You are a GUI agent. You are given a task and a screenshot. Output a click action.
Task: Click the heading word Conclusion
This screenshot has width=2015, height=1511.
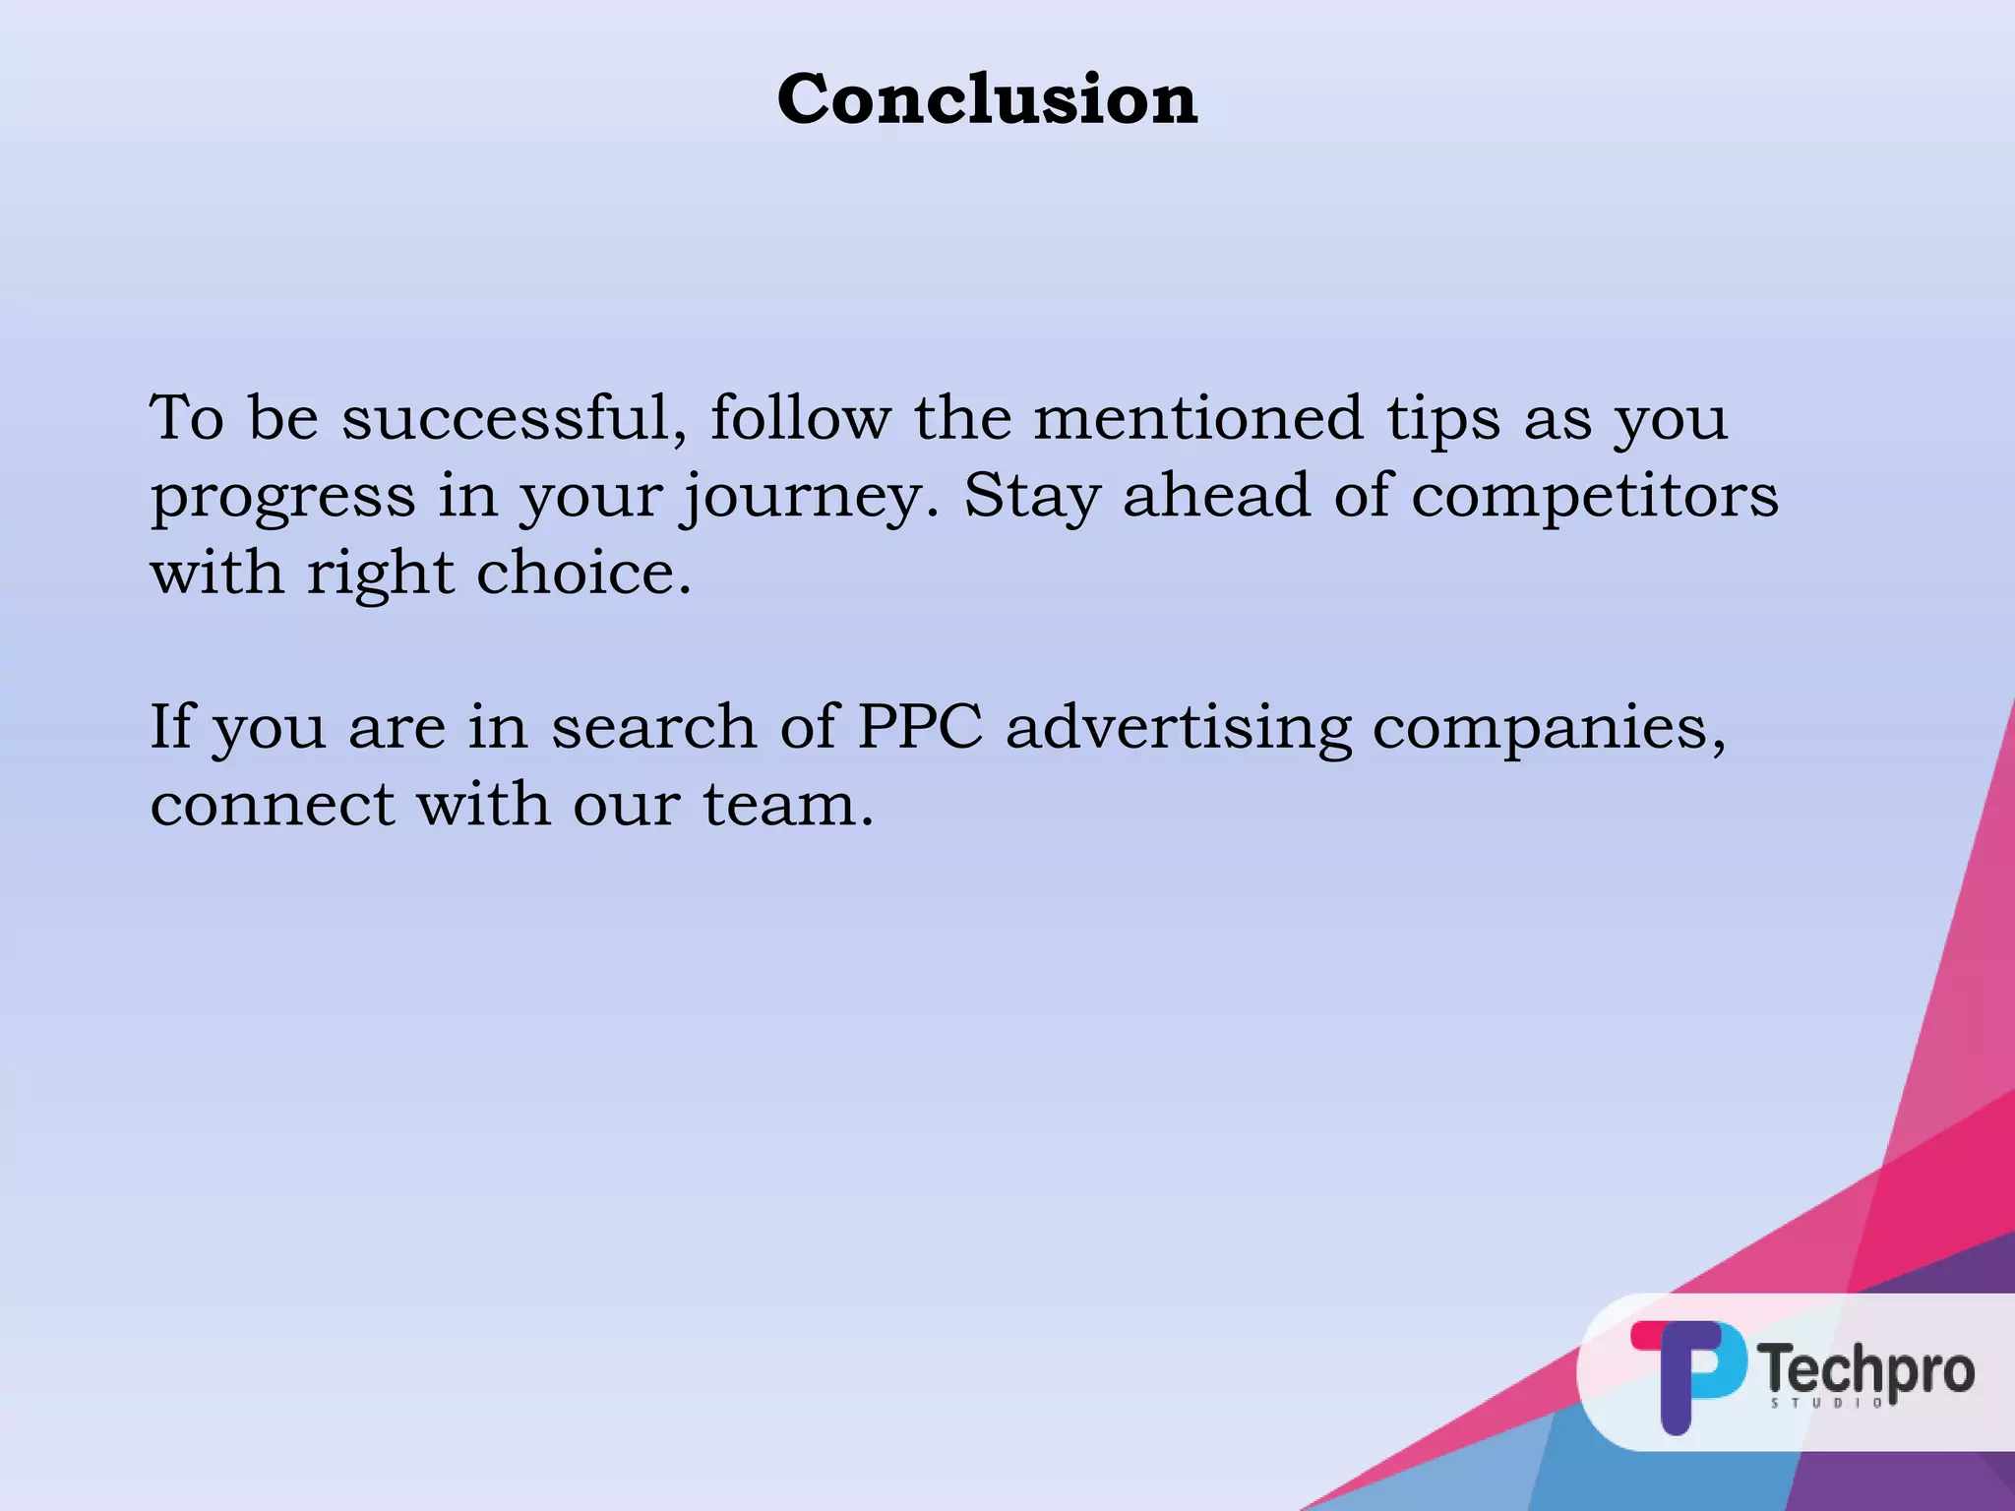click(x=987, y=99)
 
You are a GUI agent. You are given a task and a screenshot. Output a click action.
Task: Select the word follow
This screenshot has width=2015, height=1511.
click(x=800, y=418)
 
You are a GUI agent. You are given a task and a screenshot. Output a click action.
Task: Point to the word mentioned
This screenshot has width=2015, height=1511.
click(x=1198, y=418)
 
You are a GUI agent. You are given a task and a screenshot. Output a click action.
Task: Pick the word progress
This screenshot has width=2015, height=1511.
click(x=282, y=498)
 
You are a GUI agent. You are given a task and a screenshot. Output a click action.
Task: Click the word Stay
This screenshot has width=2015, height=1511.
click(x=1031, y=496)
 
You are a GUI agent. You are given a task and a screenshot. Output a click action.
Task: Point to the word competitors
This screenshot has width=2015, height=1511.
click(x=1595, y=496)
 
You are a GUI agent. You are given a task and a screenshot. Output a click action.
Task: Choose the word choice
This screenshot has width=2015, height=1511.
click(x=583, y=573)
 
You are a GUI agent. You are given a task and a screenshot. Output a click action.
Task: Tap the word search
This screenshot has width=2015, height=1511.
click(x=653, y=728)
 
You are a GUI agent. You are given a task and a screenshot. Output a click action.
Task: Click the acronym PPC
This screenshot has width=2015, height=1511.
click(x=920, y=727)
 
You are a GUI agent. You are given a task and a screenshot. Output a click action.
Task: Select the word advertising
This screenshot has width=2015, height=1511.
click(x=1178, y=729)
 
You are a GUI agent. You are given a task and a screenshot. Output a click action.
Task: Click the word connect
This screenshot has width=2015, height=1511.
click(x=273, y=805)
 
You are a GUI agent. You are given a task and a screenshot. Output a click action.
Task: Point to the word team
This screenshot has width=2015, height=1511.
click(x=787, y=805)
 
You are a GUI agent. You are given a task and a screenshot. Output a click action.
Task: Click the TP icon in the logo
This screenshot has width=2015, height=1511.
click(x=1686, y=1373)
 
